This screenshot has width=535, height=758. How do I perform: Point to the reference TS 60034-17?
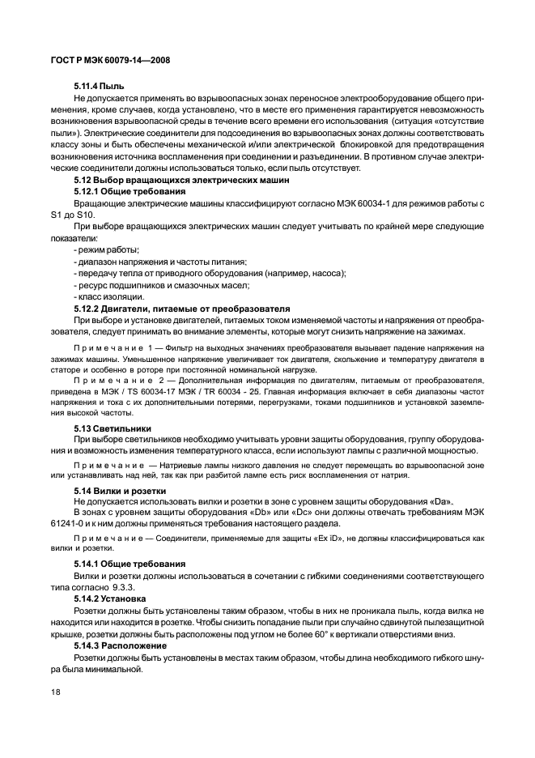point(163,390)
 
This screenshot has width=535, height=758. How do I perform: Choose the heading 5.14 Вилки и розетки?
point(120,491)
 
